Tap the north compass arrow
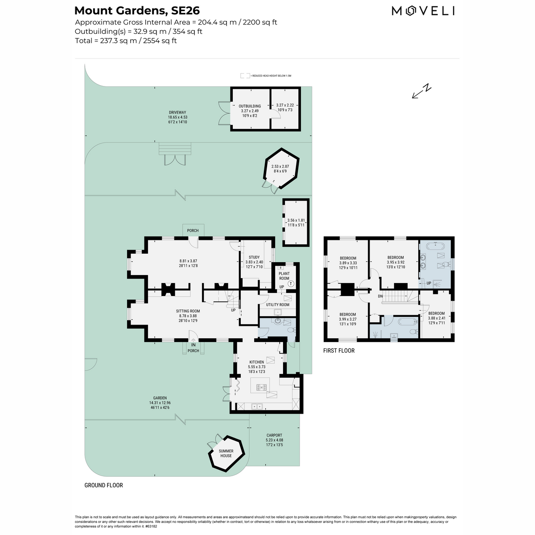point(421,91)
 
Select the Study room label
point(254,257)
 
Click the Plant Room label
point(284,276)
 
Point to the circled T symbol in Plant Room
point(291,284)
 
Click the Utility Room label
point(278,305)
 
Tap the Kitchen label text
point(256,362)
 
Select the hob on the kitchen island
point(261,387)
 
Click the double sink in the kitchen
point(257,407)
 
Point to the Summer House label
point(226,453)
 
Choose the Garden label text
point(160,398)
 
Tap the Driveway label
point(177,112)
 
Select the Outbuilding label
point(250,106)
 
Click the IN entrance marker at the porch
point(193,345)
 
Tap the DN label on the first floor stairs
point(380,296)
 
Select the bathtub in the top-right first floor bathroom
point(435,246)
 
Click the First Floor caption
point(339,351)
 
